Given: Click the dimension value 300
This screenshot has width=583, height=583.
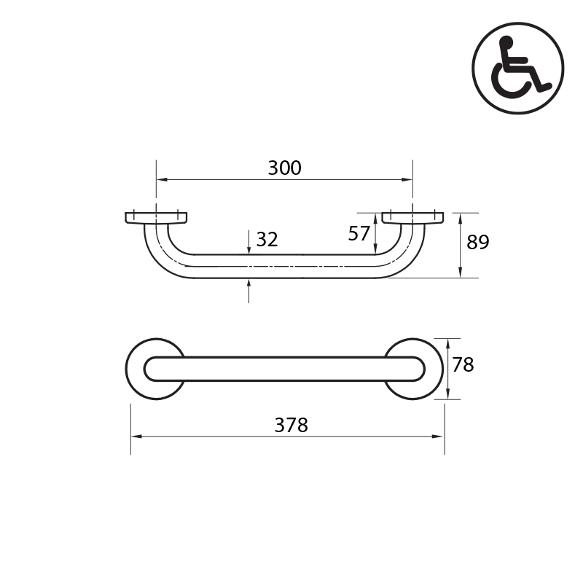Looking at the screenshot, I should [x=284, y=168].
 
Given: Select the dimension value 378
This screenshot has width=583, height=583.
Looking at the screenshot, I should [x=291, y=426].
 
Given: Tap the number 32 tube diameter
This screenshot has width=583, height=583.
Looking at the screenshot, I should [x=267, y=240].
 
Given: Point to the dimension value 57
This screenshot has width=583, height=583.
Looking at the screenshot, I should [x=359, y=234].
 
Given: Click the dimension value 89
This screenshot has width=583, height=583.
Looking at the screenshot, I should [x=478, y=243].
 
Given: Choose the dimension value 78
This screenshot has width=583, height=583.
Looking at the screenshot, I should [x=463, y=364].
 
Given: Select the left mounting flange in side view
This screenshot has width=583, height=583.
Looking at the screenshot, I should [x=156, y=217].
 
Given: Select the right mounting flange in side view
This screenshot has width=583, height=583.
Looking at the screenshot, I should [x=412, y=217].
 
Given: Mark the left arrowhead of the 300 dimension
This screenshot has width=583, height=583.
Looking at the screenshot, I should [x=160, y=179].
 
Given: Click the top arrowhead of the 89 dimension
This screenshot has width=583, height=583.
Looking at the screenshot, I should [x=461, y=216].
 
